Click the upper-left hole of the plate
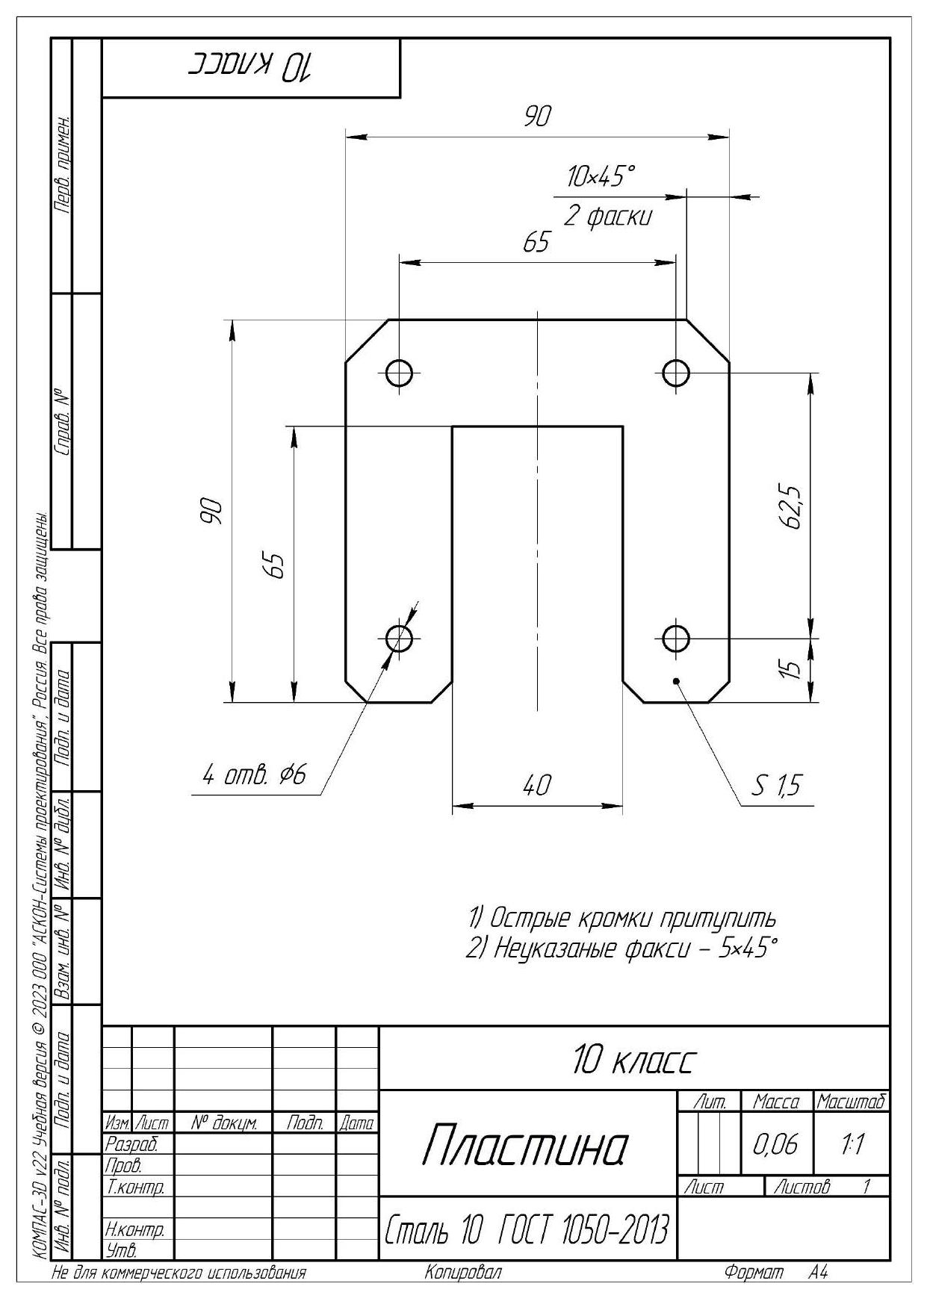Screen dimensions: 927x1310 pos(400,372)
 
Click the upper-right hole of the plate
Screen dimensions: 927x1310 pos(676,372)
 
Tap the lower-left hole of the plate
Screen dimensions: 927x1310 pos(400,639)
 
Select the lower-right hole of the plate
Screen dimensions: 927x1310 pos(676,639)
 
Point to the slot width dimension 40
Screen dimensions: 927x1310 pos(537,785)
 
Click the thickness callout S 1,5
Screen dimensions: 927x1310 pos(776,785)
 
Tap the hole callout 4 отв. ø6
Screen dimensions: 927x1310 pos(255,776)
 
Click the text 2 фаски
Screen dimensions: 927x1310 pos(607,217)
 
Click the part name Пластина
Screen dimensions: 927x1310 pos(526,1145)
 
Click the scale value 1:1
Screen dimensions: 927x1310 pos(852,1144)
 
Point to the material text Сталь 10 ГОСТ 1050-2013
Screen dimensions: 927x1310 pos(527,1229)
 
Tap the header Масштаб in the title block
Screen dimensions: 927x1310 pos(852,1102)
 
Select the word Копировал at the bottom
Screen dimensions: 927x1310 pos(463,1273)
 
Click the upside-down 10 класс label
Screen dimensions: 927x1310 pos(251,67)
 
